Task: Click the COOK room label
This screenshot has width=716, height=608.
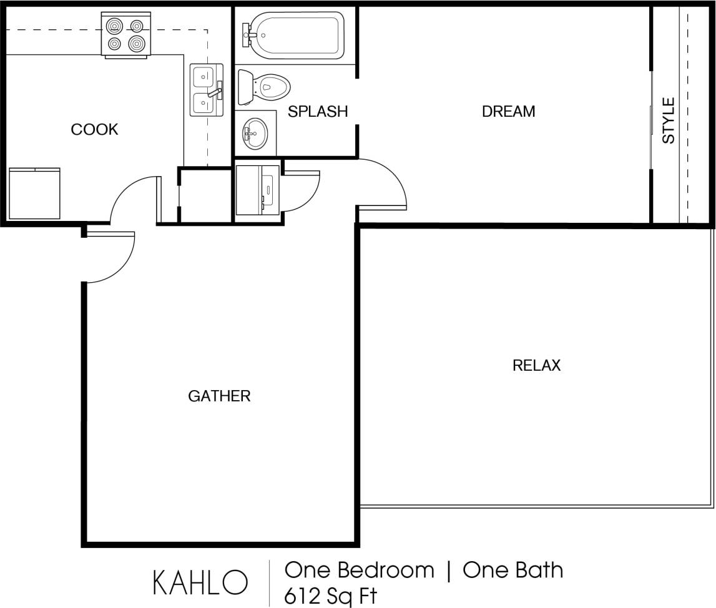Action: [x=94, y=130]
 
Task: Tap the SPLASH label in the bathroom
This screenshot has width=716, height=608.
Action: [x=317, y=112]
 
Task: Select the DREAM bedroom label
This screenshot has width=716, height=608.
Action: [x=508, y=112]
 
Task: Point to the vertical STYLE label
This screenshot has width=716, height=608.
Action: [x=669, y=120]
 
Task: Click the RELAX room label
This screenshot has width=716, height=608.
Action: [x=536, y=365]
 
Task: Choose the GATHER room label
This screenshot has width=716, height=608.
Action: [x=219, y=396]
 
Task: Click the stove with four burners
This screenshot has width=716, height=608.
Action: [x=126, y=35]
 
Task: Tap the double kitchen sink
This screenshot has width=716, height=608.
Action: [x=205, y=91]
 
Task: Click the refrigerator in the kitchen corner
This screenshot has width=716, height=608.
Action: [x=34, y=193]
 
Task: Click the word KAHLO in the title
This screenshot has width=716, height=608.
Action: [x=200, y=582]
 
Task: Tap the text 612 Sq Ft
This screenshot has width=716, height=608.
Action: [x=331, y=596]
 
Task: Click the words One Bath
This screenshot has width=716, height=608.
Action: [x=513, y=570]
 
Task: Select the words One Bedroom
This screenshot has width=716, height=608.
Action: [x=359, y=570]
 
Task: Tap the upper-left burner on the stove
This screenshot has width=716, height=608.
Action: [x=115, y=26]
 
